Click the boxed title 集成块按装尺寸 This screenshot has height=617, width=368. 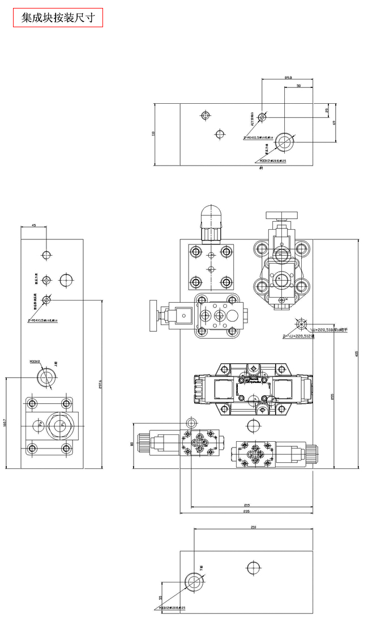pos(58,18)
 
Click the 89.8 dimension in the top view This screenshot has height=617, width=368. pos(288,78)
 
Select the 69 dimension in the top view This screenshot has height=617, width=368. pos(335,122)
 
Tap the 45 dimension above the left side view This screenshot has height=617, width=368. pos(33,226)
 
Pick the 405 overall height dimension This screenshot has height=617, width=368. pos(357,354)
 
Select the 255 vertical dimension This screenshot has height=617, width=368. pos(332,396)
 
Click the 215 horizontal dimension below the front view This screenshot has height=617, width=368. pos(247,504)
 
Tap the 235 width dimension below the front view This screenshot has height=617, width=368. pos(246,511)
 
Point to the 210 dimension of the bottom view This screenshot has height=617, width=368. pos(253,527)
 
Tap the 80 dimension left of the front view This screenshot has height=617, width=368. pos(132,445)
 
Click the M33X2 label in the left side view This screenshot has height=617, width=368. pos(35,361)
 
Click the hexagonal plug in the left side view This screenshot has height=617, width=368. pos(60,424)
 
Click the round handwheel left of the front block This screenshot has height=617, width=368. pos(152,315)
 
